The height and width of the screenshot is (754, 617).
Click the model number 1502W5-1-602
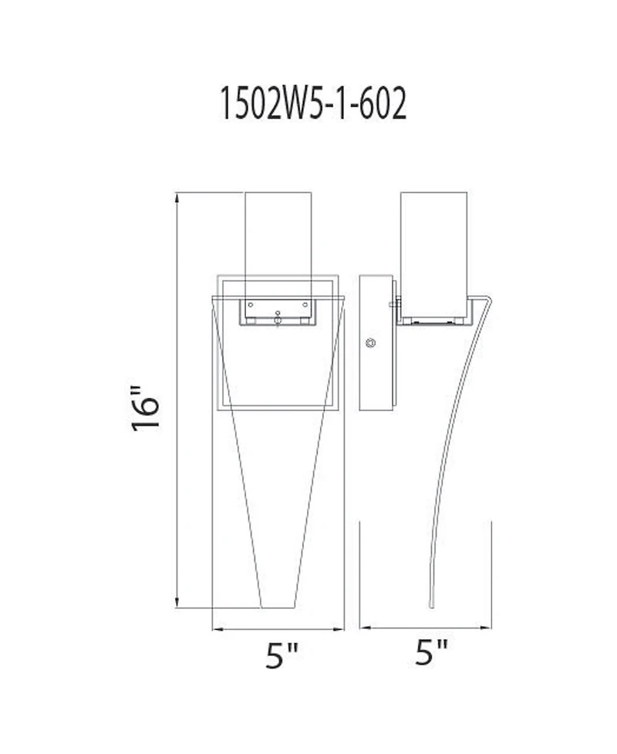(312, 103)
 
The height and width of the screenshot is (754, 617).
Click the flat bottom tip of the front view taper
(278, 608)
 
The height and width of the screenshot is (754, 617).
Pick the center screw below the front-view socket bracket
(278, 314)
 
